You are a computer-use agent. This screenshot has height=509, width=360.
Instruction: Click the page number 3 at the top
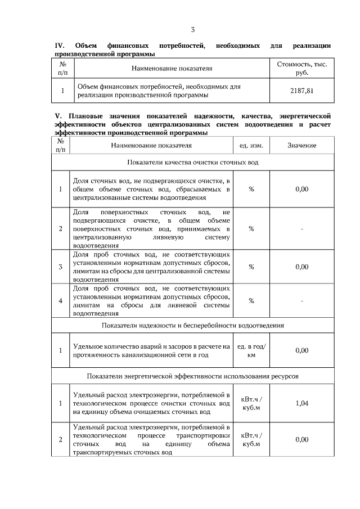click(x=193, y=29)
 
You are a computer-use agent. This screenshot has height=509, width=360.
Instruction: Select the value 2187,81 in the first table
click(x=302, y=90)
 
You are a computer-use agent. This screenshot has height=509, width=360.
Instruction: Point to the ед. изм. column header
click(x=251, y=146)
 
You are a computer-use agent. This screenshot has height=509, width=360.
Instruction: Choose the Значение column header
click(x=302, y=146)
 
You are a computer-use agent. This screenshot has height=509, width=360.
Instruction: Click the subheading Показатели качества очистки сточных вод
click(x=193, y=163)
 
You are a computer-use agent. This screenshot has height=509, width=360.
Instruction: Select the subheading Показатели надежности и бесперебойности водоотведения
click(x=193, y=325)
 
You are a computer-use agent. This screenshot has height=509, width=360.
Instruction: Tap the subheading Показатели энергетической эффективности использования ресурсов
click(x=193, y=375)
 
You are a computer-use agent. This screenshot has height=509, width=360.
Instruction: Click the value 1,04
click(x=302, y=403)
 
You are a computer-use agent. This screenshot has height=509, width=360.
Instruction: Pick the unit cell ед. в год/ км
click(x=251, y=350)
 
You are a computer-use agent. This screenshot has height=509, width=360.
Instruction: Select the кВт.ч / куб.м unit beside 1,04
click(x=251, y=403)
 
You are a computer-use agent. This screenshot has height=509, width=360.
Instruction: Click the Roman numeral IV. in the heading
click(x=60, y=45)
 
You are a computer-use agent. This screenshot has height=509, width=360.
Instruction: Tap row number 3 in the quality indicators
click(x=60, y=267)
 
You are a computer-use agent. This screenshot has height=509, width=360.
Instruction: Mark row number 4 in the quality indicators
click(x=60, y=300)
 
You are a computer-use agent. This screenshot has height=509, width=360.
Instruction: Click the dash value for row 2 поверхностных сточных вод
click(x=302, y=229)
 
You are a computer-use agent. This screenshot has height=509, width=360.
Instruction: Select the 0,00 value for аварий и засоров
click(x=302, y=350)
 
